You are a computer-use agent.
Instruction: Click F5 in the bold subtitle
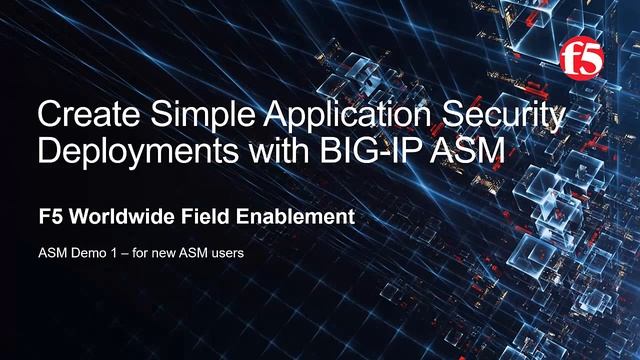(x=48, y=216)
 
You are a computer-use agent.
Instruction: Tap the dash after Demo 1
(x=121, y=253)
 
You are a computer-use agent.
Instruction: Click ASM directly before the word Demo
(x=50, y=253)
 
